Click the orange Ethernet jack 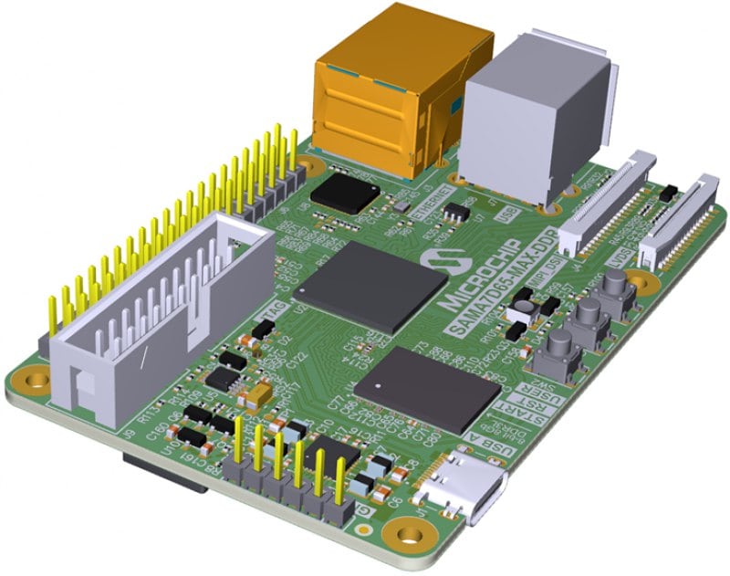tap(392, 91)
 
